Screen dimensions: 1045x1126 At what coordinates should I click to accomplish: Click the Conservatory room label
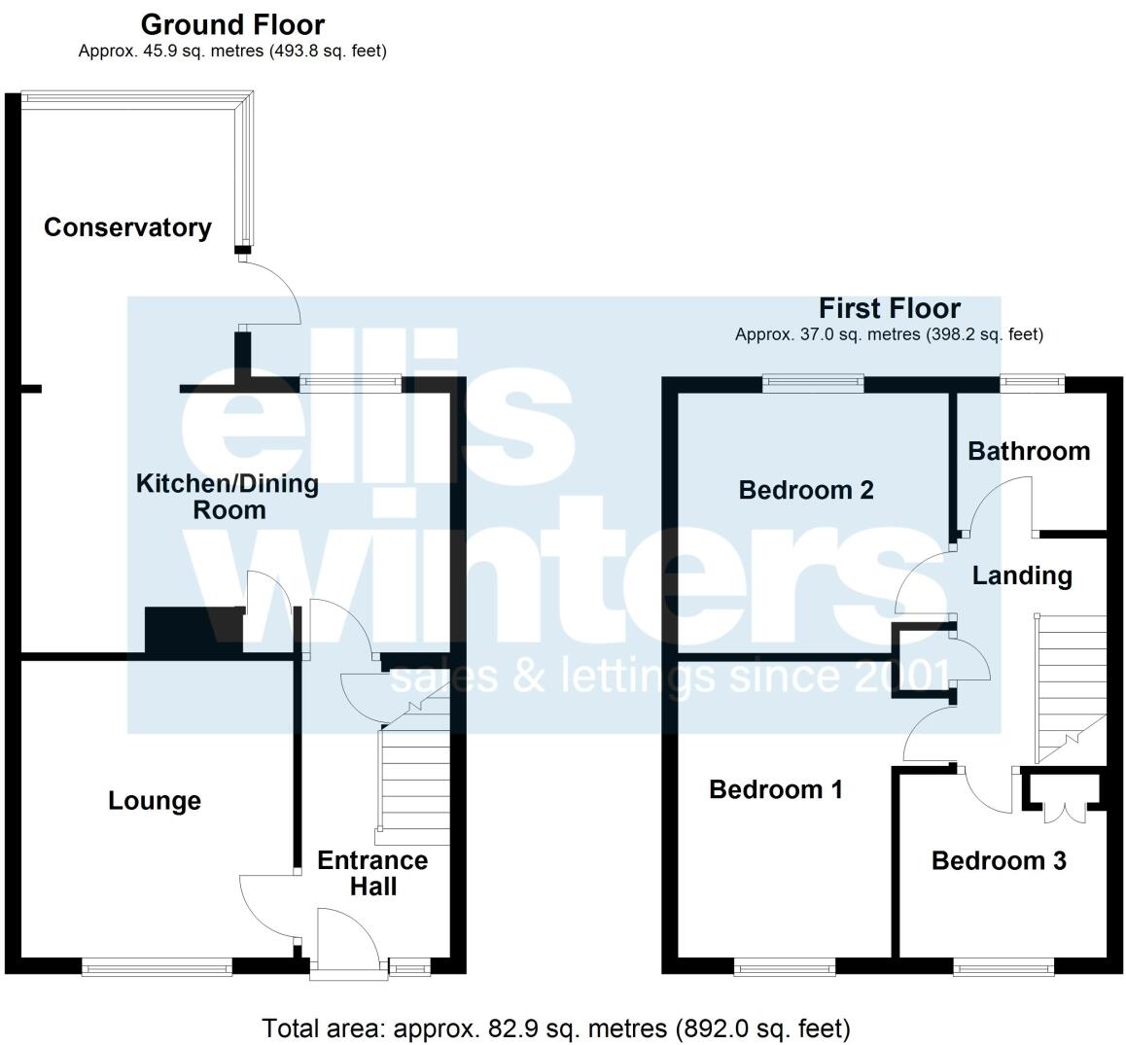coord(127,227)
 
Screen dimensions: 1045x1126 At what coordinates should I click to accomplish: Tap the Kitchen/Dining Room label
coord(228,497)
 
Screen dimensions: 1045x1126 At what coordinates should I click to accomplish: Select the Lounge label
coord(155,801)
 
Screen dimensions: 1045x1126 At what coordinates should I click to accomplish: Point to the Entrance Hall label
coord(372,873)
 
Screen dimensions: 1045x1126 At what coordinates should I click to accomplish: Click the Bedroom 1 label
coord(775,789)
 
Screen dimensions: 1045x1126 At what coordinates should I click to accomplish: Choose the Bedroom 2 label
coord(806,490)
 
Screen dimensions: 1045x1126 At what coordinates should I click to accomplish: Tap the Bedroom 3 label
coord(999,860)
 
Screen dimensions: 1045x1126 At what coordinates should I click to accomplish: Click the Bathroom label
coord(1029,451)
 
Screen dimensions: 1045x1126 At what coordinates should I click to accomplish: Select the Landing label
coord(1022,575)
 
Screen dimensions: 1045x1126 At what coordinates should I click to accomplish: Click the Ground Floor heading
coord(232,24)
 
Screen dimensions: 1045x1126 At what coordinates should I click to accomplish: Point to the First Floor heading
coord(889,309)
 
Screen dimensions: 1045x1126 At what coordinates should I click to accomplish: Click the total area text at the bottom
coord(556,1028)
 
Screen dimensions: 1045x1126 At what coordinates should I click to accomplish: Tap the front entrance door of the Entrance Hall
coord(346,939)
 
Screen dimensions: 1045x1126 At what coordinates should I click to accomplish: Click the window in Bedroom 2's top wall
coord(813,384)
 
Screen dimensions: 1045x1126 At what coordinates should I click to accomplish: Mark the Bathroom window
coord(1033,384)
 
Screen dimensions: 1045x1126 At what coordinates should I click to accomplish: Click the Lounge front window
coord(157,965)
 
